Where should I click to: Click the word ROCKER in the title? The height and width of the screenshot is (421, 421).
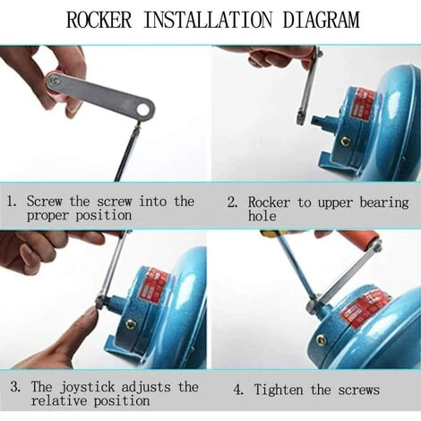tap(99, 20)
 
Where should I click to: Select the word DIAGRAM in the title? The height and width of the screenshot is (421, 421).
tap(322, 20)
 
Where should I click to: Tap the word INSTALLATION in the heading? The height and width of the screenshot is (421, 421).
tap(208, 20)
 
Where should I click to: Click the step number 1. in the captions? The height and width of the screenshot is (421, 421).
tap(11, 201)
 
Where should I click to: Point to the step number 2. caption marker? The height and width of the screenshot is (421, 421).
tap(233, 202)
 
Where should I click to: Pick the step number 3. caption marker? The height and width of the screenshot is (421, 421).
tap(15, 387)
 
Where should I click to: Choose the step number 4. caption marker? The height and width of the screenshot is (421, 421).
tap(238, 390)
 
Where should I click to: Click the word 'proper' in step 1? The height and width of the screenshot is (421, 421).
tap(47, 216)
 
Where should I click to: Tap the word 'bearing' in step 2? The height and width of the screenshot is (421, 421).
tap(384, 203)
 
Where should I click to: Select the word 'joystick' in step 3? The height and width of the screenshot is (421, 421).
tap(87, 388)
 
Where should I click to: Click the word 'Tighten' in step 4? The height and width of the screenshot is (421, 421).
tap(279, 390)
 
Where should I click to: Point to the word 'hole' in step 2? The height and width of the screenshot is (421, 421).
tap(262, 216)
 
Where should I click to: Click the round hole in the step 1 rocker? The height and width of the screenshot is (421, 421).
tap(143, 109)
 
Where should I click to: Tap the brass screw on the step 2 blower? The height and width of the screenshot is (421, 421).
tap(347, 142)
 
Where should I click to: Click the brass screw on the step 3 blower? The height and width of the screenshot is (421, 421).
tap(130, 322)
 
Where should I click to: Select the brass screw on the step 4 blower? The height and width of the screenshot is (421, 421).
tap(321, 339)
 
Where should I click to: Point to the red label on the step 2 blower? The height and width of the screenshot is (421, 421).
tap(362, 104)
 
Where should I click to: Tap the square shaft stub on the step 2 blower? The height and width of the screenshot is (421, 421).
tap(318, 121)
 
